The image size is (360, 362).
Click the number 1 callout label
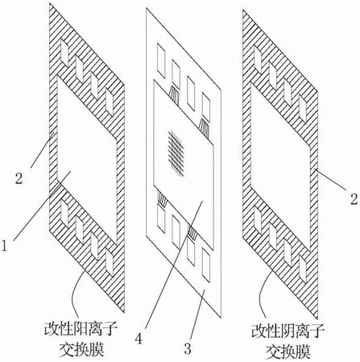[4, 245]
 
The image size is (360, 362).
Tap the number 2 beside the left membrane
[19, 178]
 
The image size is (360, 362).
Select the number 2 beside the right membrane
[354, 200]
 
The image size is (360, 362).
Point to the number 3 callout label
[188, 349]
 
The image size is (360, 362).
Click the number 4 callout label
[139, 338]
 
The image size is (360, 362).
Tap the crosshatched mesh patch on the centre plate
[176, 153]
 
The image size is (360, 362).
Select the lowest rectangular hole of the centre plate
[206, 265]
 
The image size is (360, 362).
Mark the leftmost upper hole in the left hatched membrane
[64, 52]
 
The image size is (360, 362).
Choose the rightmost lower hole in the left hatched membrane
[110, 262]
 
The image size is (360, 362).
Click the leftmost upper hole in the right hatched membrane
[258, 58]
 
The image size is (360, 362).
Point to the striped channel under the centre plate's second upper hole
[174, 92]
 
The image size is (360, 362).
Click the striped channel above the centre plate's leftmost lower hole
[162, 200]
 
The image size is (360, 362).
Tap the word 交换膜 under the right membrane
[288, 351]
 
